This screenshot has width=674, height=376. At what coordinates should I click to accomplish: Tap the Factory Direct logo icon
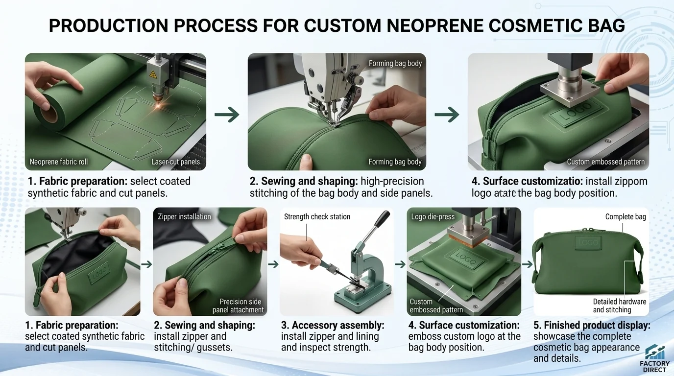(655, 352)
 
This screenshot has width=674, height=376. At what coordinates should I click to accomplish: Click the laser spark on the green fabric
(158, 106)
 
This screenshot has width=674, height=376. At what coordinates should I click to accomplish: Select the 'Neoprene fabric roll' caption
(59, 162)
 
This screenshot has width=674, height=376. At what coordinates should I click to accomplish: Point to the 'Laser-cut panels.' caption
(176, 162)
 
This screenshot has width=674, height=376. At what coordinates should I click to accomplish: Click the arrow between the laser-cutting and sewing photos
(227, 114)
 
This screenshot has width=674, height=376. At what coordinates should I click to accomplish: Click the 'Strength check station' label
(317, 216)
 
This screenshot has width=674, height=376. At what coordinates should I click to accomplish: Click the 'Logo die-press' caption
(433, 216)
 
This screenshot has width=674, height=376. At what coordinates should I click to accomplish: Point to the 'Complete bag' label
(626, 216)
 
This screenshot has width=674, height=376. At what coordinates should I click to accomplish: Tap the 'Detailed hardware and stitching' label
(620, 305)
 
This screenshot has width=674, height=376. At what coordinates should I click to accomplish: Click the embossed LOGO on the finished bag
(588, 242)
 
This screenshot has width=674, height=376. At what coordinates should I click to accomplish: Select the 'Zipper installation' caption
(185, 216)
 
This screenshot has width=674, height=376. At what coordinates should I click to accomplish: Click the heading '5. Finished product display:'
(592, 325)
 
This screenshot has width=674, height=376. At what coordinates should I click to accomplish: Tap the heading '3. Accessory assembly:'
(333, 325)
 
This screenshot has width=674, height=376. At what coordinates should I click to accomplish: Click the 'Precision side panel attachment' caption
(238, 305)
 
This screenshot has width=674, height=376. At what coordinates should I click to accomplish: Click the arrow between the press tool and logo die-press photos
(400, 264)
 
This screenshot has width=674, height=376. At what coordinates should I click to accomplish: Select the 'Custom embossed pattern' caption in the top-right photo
(606, 162)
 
